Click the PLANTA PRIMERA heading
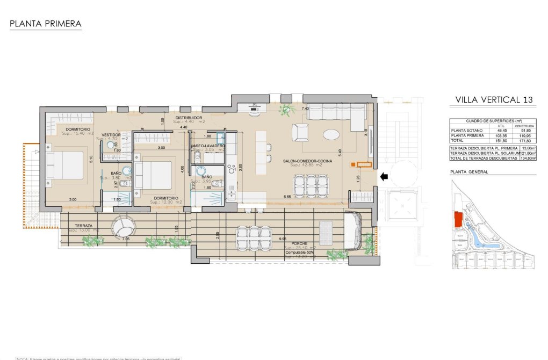point(46,24)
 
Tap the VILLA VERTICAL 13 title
point(494,99)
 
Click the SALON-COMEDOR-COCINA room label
point(304,160)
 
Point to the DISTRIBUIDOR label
point(188,117)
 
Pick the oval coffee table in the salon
point(331,133)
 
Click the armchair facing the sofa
point(300,132)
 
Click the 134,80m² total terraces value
point(528,159)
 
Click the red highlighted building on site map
point(458,219)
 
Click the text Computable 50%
point(299,252)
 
